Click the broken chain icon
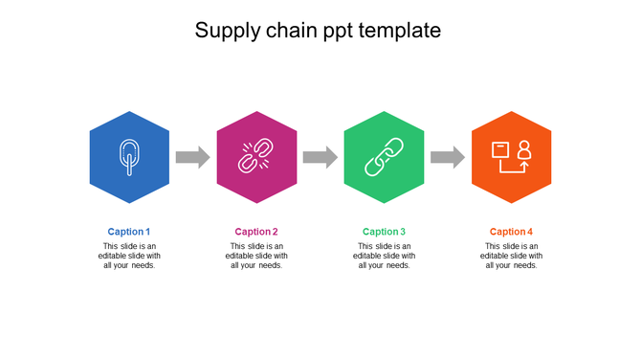tap(256, 157)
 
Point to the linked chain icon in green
tap(384, 157)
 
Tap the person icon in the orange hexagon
tap(523, 150)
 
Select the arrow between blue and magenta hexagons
tap(192, 157)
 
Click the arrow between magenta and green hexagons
tap(320, 157)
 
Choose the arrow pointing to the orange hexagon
tap(447, 157)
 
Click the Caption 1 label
tap(129, 232)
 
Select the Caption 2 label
tap(256, 232)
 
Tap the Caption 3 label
tap(384, 232)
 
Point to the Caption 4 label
tap(511, 232)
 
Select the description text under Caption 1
tap(129, 256)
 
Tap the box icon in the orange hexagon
tap(500, 151)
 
